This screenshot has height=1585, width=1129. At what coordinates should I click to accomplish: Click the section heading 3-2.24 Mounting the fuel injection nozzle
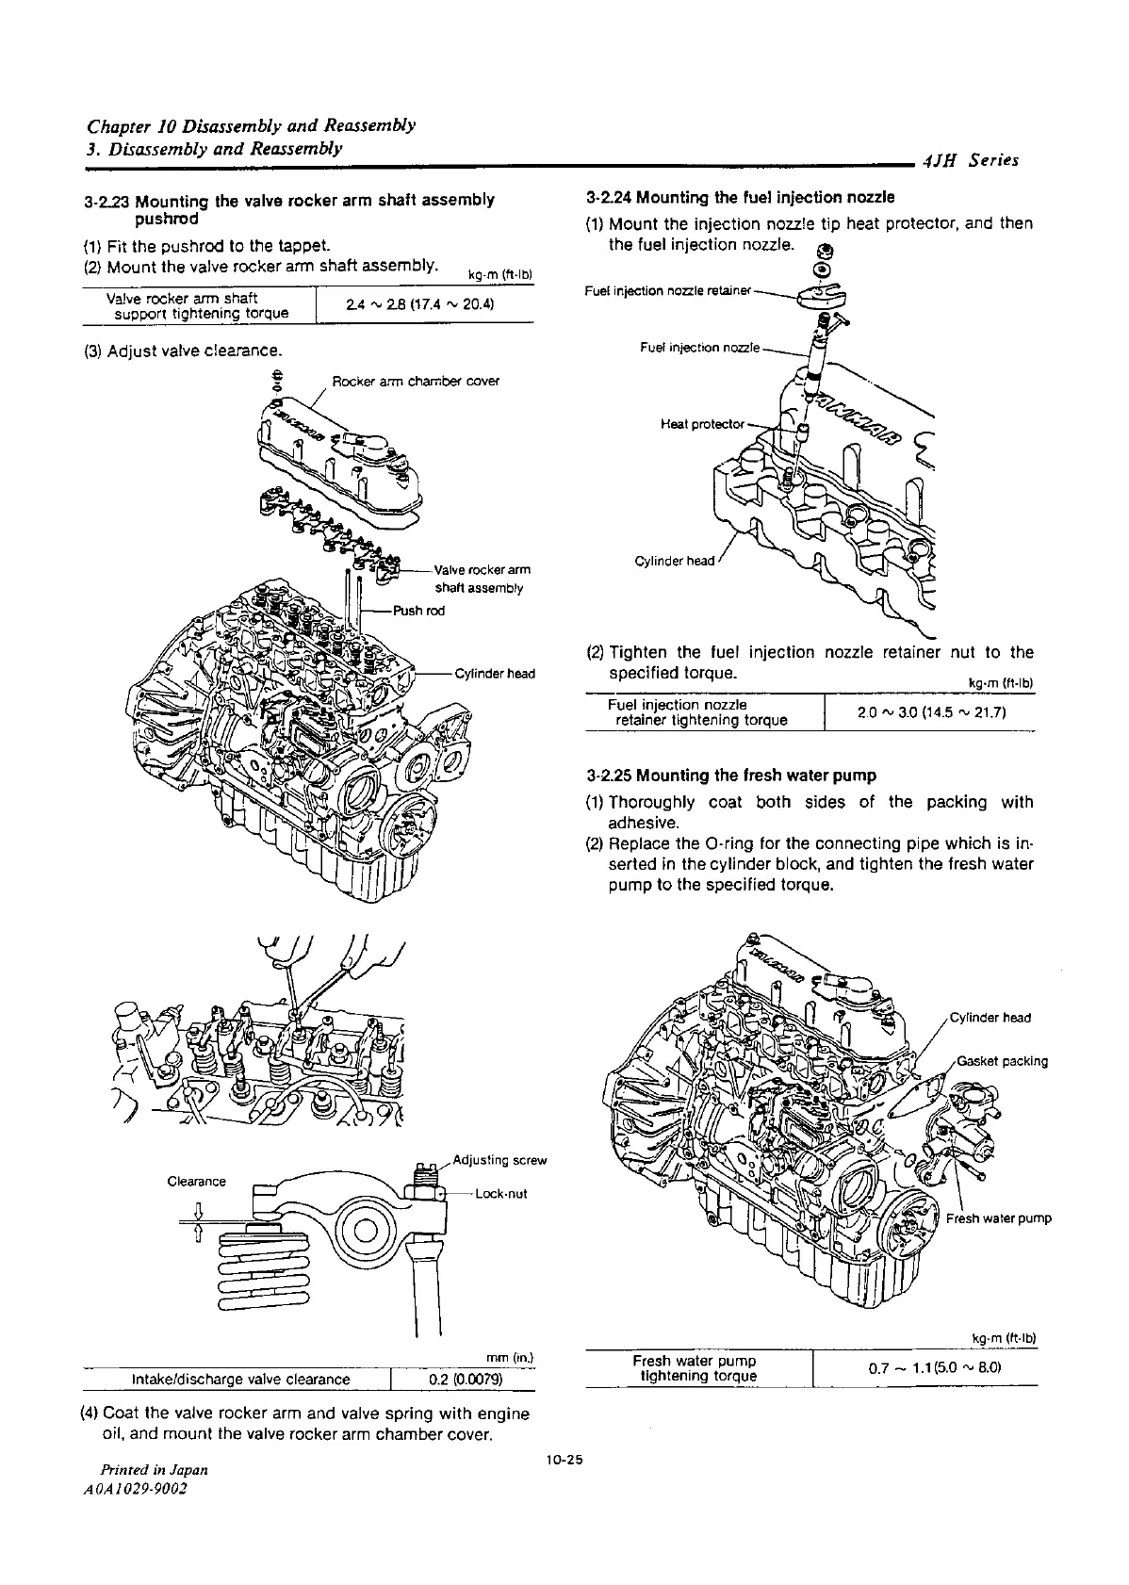coord(739,198)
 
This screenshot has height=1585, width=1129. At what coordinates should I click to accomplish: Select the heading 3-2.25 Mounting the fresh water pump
coord(730,776)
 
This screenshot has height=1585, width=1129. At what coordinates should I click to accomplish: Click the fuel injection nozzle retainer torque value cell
coord(931,712)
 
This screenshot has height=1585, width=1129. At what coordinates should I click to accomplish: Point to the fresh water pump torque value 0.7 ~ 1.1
coord(926,1367)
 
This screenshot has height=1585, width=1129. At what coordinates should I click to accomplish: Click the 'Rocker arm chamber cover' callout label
coord(416,382)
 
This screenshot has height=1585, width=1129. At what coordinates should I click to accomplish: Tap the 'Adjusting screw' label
coord(499,1160)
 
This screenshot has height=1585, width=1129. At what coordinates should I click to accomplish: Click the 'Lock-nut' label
coord(501,1194)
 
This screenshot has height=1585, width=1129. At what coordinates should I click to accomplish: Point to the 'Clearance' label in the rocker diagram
coord(196,1182)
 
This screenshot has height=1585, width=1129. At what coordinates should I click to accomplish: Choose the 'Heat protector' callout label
coord(702,423)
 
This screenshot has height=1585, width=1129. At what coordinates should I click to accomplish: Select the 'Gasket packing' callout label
coord(1002,1061)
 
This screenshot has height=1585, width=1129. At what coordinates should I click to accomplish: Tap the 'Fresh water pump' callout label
coord(998,1218)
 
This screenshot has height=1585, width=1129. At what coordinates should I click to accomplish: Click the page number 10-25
coord(564,1460)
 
